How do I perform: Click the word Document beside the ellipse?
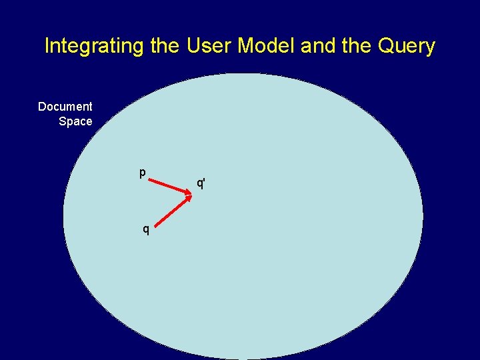click(x=65, y=107)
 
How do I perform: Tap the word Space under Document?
click(x=75, y=121)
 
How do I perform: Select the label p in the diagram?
click(x=142, y=173)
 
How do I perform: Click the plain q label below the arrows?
click(x=146, y=230)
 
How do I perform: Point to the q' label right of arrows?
click(x=201, y=182)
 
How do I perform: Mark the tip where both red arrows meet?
click(x=190, y=194)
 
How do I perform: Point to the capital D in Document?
click(x=42, y=107)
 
